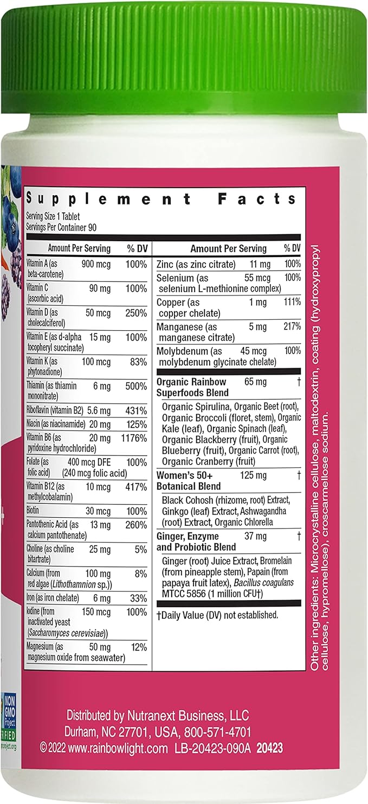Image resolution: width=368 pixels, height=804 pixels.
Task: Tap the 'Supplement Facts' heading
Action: [x=162, y=199]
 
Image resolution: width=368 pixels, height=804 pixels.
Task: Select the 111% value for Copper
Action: [x=292, y=303]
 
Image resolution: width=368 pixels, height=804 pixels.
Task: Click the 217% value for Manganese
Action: [x=292, y=327]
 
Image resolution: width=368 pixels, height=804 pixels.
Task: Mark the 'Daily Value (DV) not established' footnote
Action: [x=217, y=615]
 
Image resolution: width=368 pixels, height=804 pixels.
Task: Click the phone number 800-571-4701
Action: [x=219, y=731]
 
